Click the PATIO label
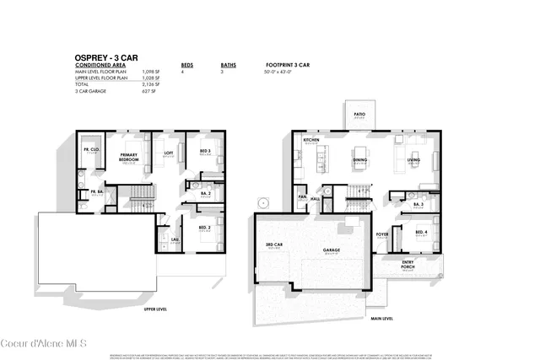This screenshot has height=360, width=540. pyautogui.click(x=359, y=114)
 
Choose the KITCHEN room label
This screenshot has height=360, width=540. pyautogui.click(x=311, y=140)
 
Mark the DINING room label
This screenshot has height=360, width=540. pyautogui.click(x=359, y=159)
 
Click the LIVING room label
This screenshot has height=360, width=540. pyautogui.click(x=413, y=159)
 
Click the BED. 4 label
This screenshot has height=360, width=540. pyautogui.click(x=419, y=230)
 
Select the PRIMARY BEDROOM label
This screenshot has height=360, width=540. pyautogui.click(x=129, y=156)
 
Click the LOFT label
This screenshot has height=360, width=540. pyautogui.click(x=169, y=153)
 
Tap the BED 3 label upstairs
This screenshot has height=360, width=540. pyautogui.click(x=204, y=151)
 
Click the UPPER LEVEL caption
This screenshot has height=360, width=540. pyautogui.click(x=154, y=309)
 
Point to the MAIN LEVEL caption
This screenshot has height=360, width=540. pyautogui.click(x=382, y=319)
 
